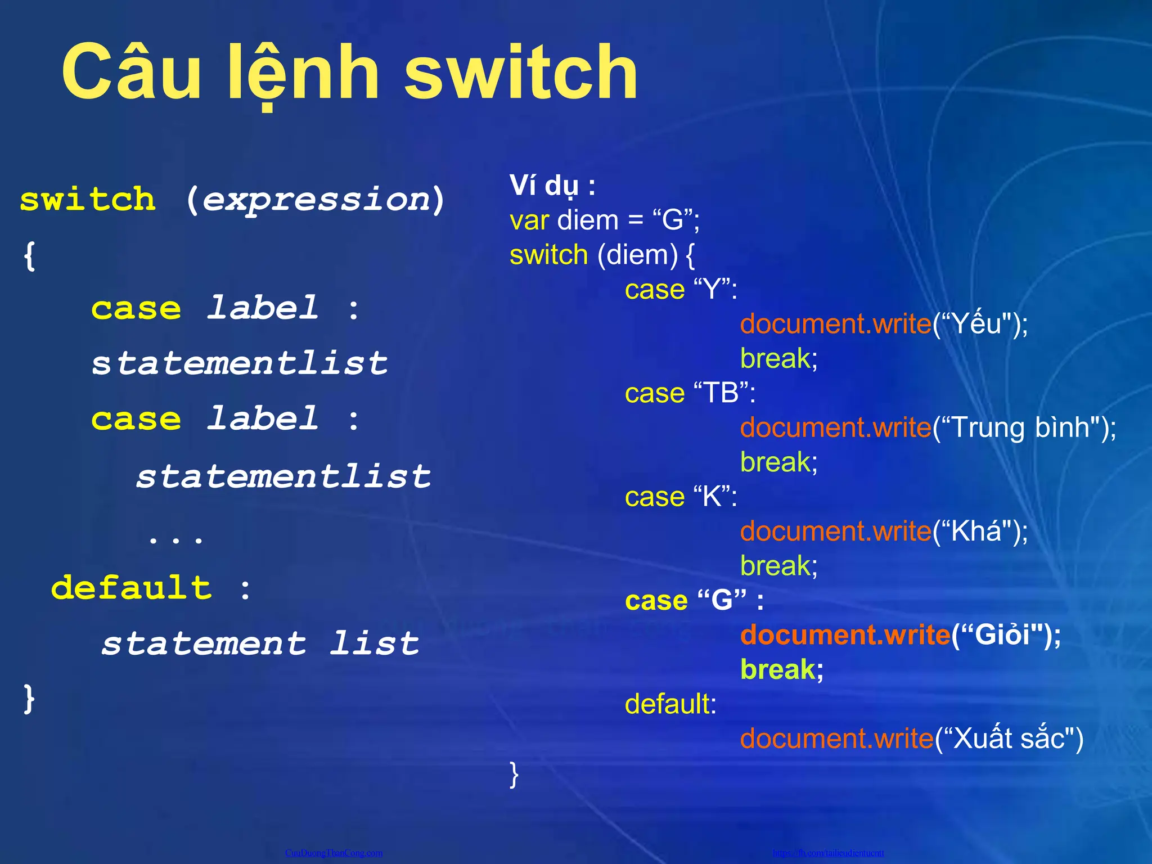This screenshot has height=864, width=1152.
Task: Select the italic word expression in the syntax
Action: click(316, 200)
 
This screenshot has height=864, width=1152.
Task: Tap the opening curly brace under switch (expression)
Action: click(30, 256)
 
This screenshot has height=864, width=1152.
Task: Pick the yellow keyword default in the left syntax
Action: click(132, 588)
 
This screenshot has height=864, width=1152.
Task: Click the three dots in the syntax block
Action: click(175, 539)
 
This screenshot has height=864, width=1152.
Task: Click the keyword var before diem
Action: click(529, 220)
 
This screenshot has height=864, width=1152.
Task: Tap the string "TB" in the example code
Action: click(722, 393)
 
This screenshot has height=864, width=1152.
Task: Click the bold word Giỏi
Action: click(1002, 635)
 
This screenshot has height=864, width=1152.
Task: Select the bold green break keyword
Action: click(777, 670)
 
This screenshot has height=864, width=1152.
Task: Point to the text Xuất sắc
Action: click(1010, 739)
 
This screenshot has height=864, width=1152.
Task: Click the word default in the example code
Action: click(667, 704)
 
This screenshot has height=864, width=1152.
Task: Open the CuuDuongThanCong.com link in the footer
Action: click(334, 853)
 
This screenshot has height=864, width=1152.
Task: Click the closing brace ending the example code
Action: click(514, 774)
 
